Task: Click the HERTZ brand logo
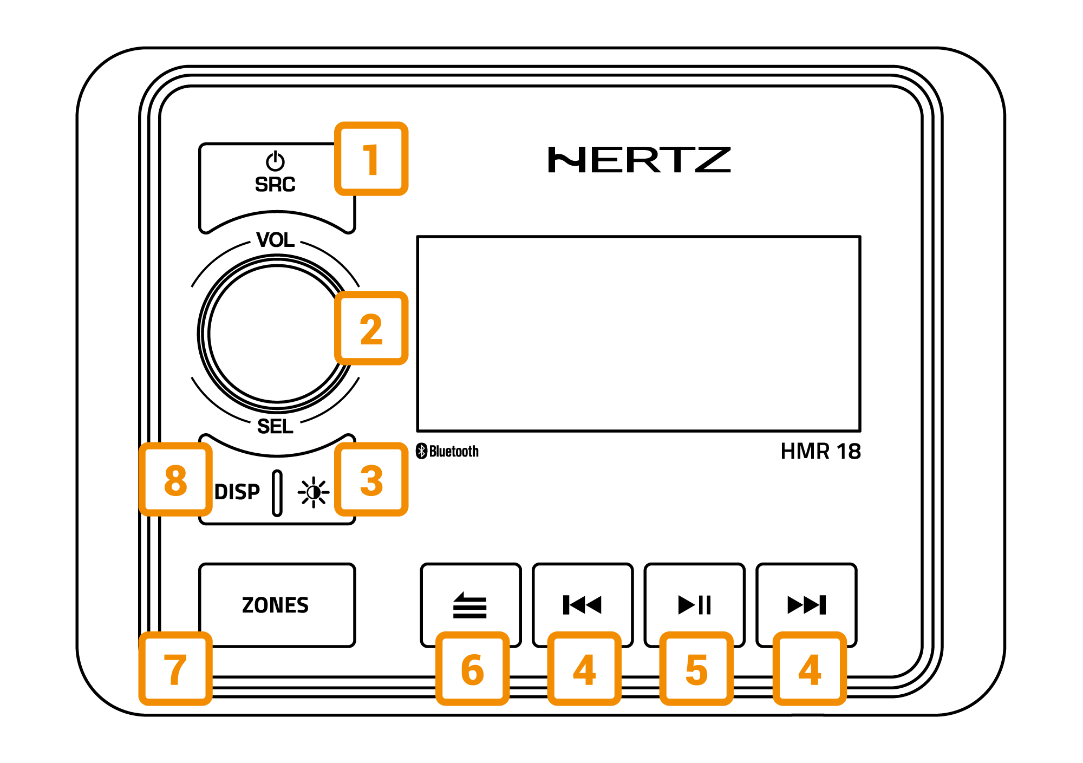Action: tap(639, 160)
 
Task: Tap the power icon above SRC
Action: tap(275, 161)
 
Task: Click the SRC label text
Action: tap(275, 185)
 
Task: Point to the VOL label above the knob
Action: tap(275, 239)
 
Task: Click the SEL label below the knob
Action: tap(275, 427)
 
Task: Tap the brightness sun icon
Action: tap(314, 492)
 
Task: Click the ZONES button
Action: tap(277, 605)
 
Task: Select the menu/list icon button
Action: tap(470, 604)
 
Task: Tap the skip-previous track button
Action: tap(582, 604)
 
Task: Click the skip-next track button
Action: tap(806, 604)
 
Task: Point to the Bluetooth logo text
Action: tap(447, 451)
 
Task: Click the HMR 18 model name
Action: tap(820, 451)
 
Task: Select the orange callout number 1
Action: tap(371, 159)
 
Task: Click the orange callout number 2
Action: tap(371, 328)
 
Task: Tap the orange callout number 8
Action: tap(175, 480)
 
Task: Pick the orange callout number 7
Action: tap(175, 669)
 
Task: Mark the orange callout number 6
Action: tap(472, 669)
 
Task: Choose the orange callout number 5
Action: tap(696, 669)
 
